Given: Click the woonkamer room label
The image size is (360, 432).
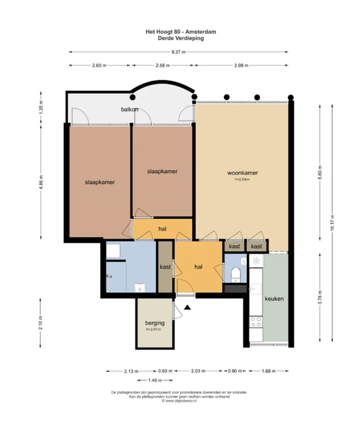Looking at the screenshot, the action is click(242, 173).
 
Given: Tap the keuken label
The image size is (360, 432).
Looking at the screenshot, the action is click(274, 299).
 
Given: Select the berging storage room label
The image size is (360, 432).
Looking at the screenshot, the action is click(155, 323).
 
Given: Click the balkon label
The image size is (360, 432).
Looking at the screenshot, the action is click(130, 109).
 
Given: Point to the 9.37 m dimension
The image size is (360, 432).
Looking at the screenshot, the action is click(179, 52).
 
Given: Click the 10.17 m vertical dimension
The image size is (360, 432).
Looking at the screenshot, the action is click(332, 223).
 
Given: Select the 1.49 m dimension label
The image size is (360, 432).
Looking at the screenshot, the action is click(155, 380).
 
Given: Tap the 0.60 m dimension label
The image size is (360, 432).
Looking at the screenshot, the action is click(165, 371).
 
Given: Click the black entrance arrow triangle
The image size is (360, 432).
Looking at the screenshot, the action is click(187, 307).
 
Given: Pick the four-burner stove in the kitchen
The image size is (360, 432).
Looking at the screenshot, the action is click(256, 322).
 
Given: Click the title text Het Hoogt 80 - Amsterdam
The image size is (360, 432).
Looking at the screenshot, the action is click(181, 32).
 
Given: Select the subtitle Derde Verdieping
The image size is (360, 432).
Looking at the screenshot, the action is click(181, 38).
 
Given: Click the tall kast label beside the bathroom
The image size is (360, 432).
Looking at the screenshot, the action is click(165, 267).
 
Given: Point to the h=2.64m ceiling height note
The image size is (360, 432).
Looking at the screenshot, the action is click(242, 179).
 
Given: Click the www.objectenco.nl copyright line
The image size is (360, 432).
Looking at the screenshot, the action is click(179, 401).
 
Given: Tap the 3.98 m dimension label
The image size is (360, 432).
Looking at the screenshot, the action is click(241, 65).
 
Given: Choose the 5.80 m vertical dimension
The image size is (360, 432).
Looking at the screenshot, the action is click(320, 172).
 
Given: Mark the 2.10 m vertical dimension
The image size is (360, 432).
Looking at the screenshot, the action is click(40, 323).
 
